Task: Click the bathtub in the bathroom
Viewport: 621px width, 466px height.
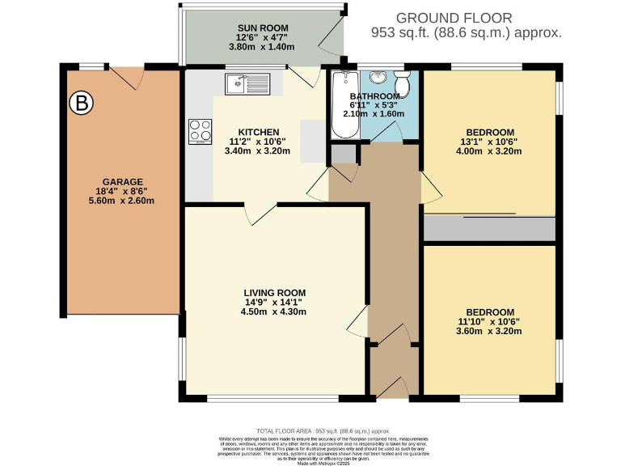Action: [x=343, y=105]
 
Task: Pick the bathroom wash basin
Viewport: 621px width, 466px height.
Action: [x=378, y=78]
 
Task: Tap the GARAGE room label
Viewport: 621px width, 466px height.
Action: [x=122, y=181]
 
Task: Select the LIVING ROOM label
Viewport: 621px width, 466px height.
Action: [x=275, y=293]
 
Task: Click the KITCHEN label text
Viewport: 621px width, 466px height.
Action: [x=258, y=132]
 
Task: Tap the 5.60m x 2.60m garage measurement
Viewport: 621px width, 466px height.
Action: [x=122, y=201]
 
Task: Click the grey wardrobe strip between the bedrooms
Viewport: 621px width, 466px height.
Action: [x=489, y=228]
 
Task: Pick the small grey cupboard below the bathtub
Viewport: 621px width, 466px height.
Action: [x=342, y=154]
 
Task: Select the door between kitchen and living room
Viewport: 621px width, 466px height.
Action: [x=258, y=214]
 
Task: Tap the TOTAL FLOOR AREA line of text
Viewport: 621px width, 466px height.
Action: [x=318, y=431]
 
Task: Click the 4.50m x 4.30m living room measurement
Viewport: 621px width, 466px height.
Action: [x=275, y=316]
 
